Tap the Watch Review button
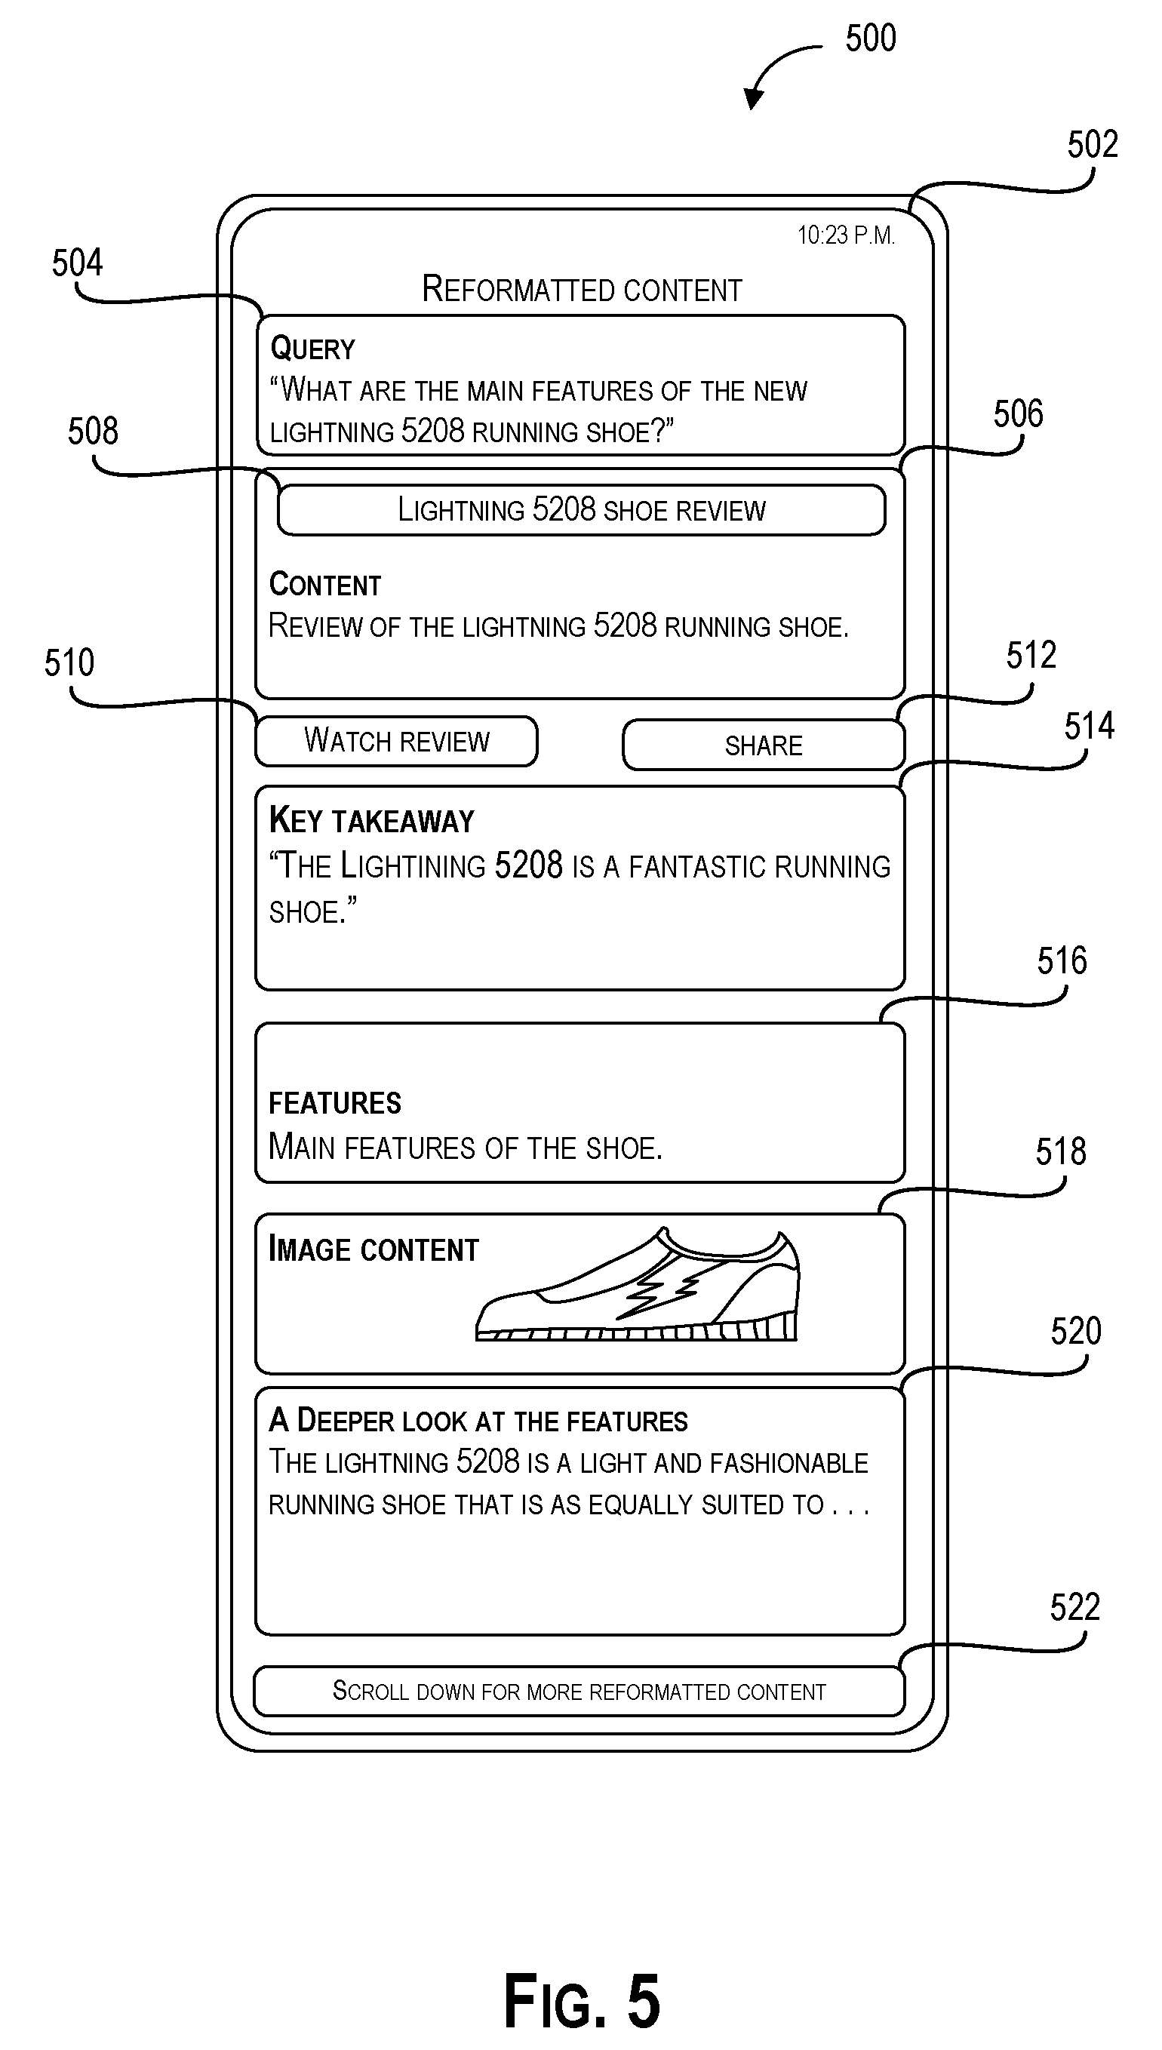396,742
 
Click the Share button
763,745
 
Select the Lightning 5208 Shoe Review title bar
581,510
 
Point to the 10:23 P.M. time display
846,235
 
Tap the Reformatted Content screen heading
582,289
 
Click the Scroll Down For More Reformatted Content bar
579,1691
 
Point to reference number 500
871,38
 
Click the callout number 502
1093,144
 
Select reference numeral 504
78,263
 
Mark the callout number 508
93,431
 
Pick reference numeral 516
1062,960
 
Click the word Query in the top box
312,349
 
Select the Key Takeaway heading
372,820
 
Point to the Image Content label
373,1249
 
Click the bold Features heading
334,1103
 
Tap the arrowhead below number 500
752,98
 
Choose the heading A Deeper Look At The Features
478,1421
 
